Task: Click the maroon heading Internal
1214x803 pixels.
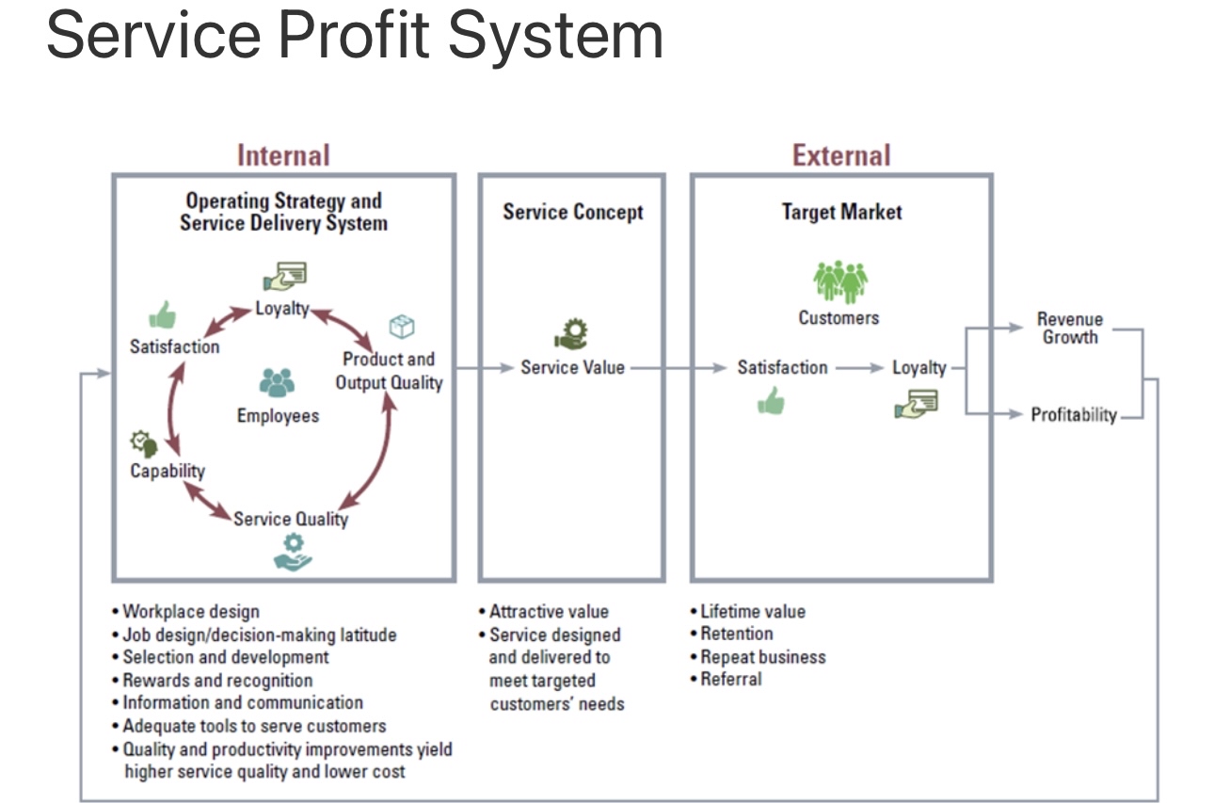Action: [x=283, y=154]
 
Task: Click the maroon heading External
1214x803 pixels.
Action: [x=840, y=154]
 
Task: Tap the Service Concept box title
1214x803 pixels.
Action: [x=572, y=212]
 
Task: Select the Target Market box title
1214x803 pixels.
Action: [x=841, y=212]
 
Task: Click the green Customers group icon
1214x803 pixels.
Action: [x=840, y=281]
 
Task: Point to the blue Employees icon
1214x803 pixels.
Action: [x=277, y=382]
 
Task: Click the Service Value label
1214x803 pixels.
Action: [x=572, y=367]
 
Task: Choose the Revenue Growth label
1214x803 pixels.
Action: [x=1069, y=328]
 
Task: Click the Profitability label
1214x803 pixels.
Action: [x=1073, y=414]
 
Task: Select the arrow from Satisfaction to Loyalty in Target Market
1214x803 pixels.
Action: [x=859, y=367]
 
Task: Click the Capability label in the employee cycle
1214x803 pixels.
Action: [x=168, y=471]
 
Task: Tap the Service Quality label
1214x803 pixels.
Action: [x=291, y=519]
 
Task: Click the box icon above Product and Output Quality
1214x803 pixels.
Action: [x=402, y=327]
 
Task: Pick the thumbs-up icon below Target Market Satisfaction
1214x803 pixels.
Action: [x=771, y=401]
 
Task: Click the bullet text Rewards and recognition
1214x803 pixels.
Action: [x=216, y=680]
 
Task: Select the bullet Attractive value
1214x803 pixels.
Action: [x=548, y=612]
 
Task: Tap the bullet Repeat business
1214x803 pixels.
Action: [x=761, y=657]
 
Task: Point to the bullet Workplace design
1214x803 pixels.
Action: [x=190, y=612]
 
